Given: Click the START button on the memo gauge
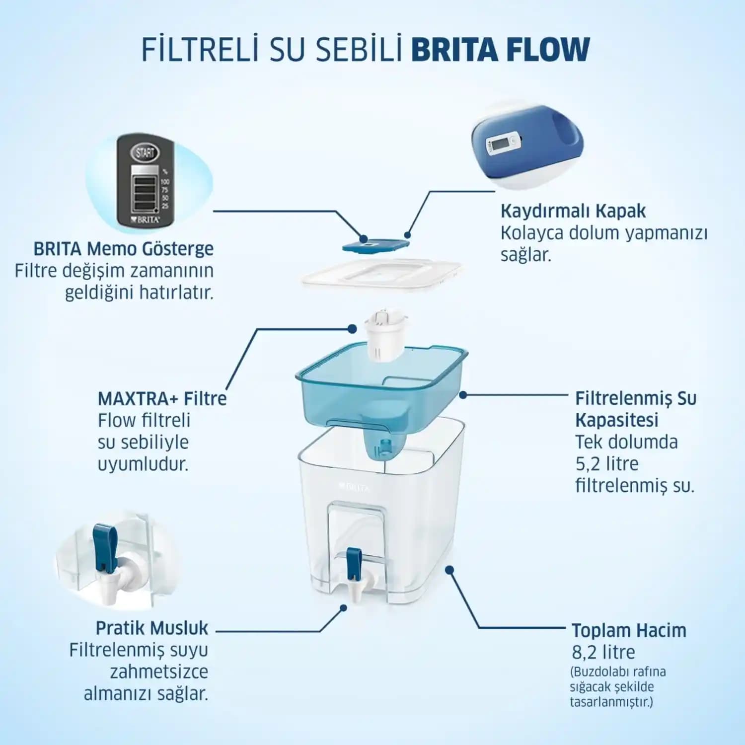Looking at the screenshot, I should point(145,152).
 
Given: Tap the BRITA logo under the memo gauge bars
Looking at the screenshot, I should point(145,219).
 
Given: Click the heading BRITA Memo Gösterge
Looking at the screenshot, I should point(123,248).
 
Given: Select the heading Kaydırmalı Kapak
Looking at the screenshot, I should point(573,211).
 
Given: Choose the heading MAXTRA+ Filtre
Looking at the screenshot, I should point(162,398).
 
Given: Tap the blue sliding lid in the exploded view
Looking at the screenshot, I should point(375,244).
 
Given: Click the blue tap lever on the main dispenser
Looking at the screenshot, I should point(354,563).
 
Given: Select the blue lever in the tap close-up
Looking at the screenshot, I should point(105,546).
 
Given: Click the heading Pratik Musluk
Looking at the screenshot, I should point(151,628).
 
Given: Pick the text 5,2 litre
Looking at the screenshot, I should point(606,463).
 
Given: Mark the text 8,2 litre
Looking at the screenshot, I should point(603,652).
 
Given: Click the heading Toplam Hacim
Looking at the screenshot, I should point(629,630).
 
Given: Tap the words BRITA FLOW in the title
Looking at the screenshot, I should point(500,49).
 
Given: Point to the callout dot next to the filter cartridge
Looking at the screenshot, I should point(352,329).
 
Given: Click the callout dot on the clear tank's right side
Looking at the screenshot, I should point(449,570).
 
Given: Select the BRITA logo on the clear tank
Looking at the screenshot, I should point(354,488).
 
